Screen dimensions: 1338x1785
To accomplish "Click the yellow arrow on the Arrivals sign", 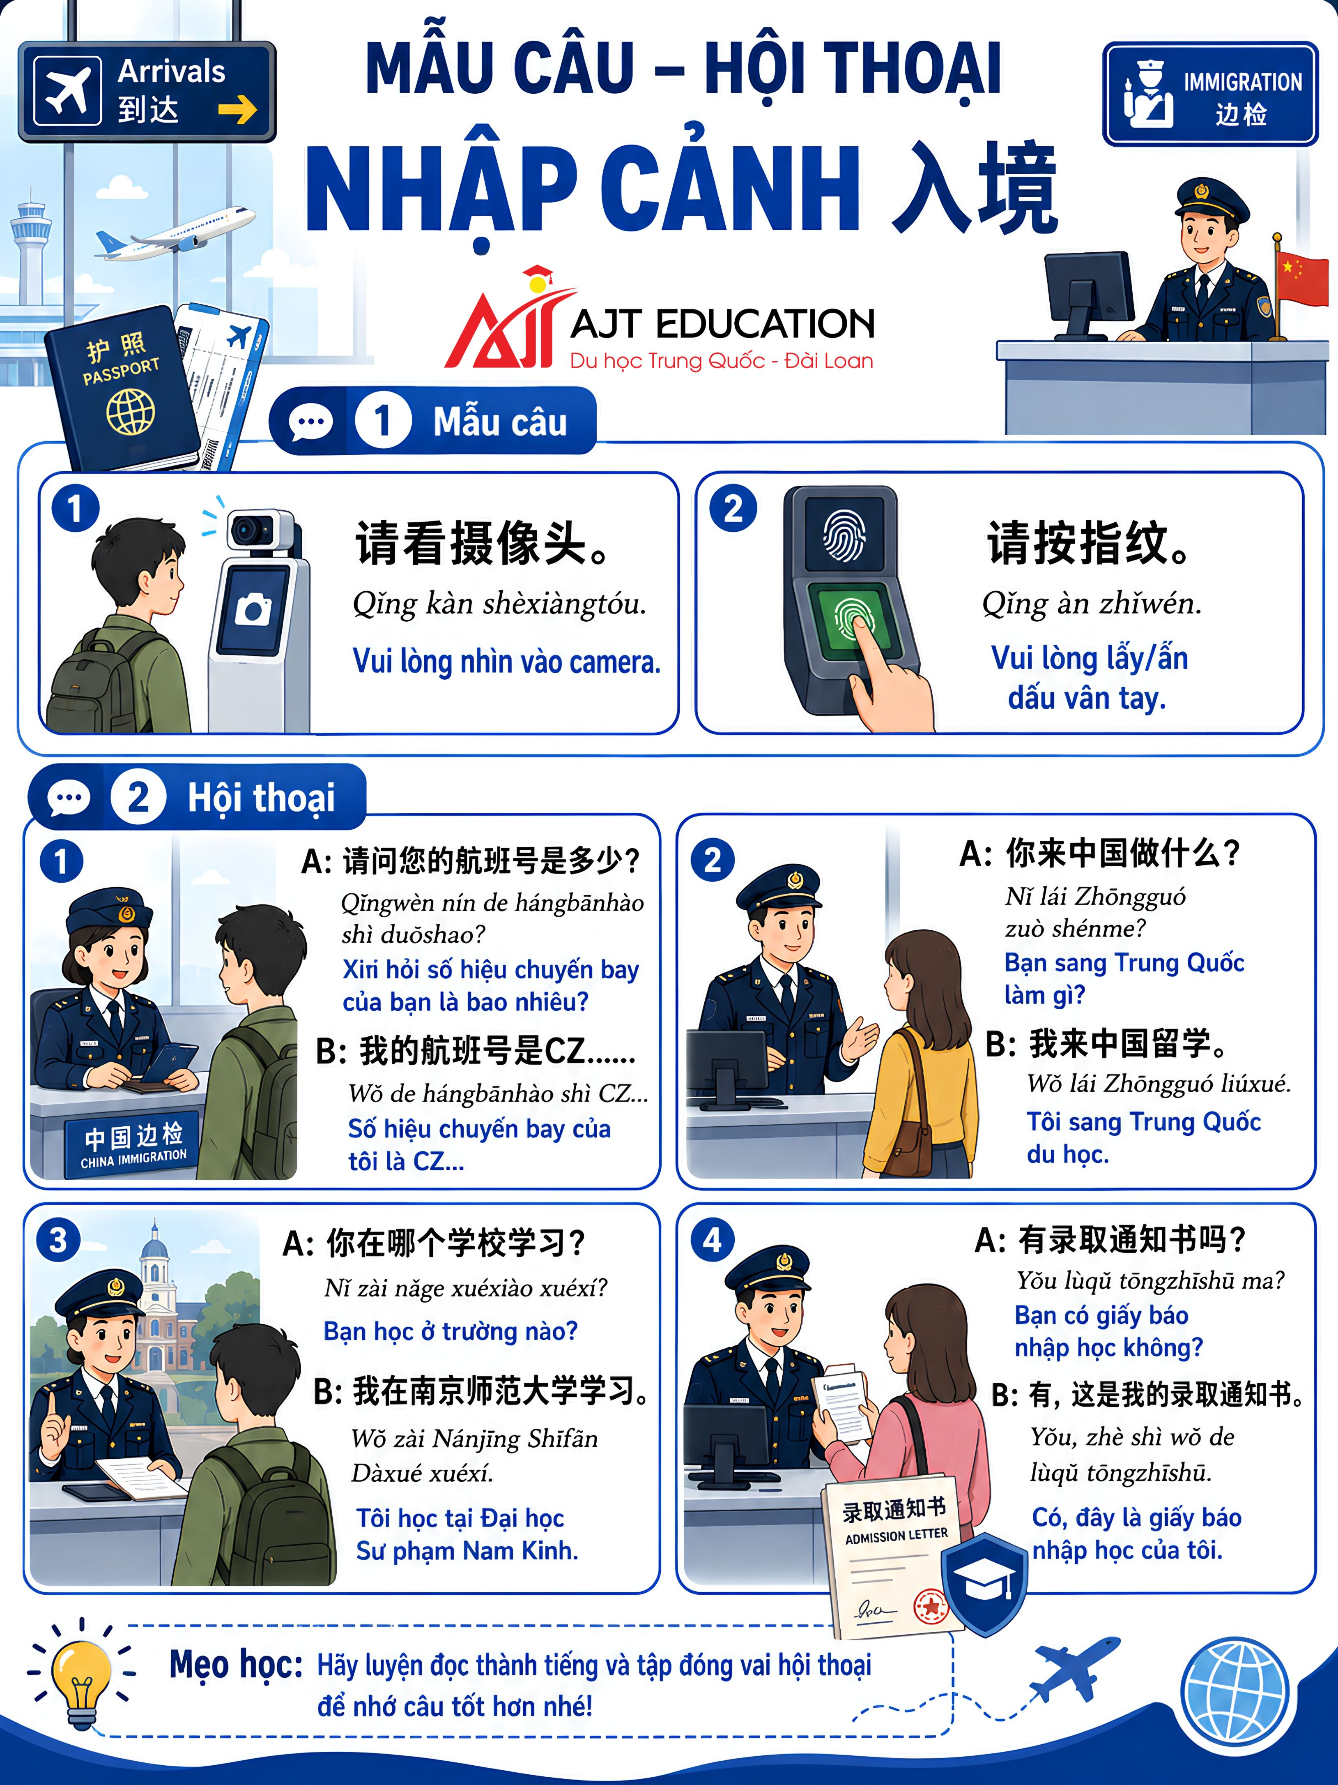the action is (x=237, y=109).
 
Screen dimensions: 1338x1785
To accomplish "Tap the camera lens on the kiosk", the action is (x=246, y=530).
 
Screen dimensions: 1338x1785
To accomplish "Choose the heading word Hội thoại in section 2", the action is (x=260, y=797).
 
